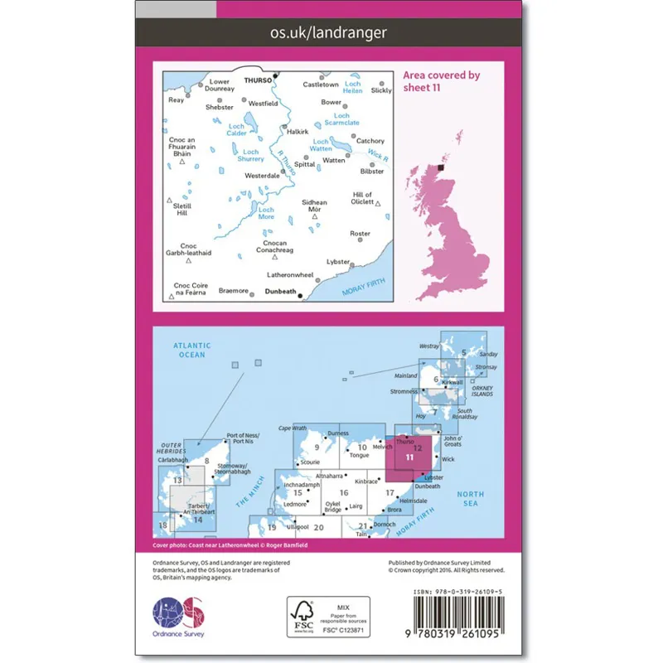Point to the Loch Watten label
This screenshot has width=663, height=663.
click(322, 146)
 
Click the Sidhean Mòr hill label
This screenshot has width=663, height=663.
click(314, 206)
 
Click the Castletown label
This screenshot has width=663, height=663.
click(321, 85)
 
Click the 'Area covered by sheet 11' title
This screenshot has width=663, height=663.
click(442, 81)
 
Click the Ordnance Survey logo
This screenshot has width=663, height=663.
click(178, 615)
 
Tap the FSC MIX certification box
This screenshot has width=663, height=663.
click(327, 614)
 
